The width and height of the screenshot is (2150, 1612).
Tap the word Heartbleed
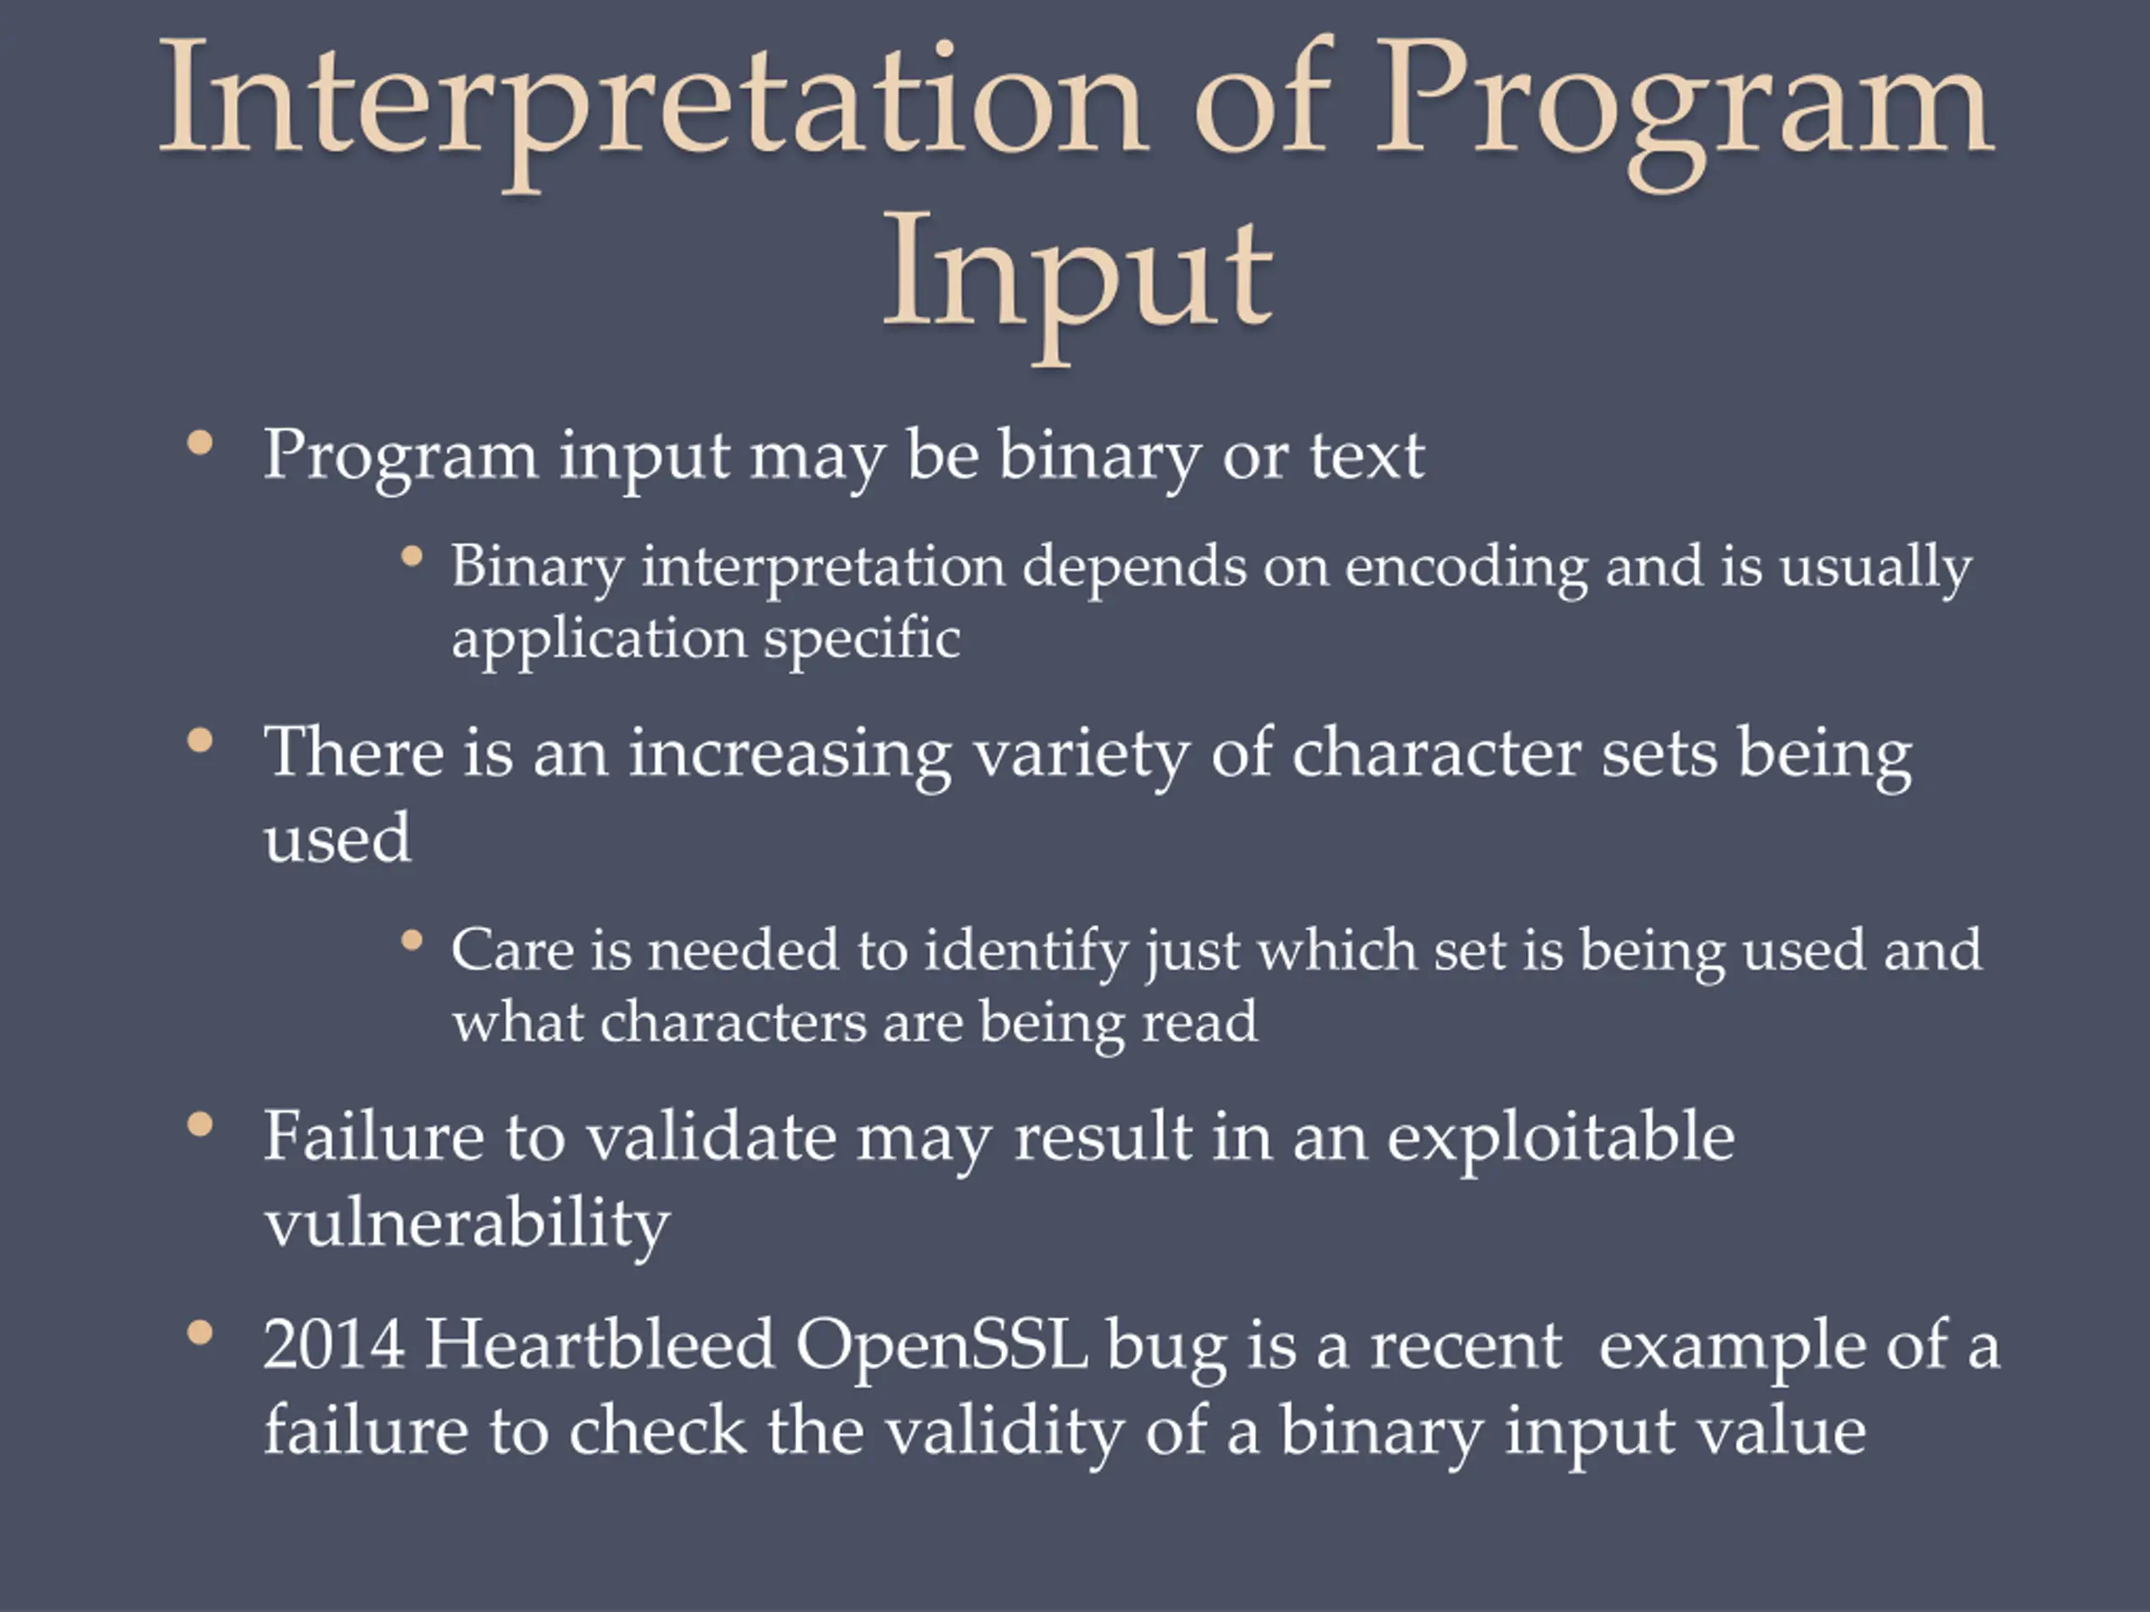coord(600,1345)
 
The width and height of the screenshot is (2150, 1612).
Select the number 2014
coord(333,1345)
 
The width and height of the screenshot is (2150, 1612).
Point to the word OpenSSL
coord(941,1347)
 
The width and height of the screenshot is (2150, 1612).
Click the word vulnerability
coord(468,1222)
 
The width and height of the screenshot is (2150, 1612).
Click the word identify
coord(1025,951)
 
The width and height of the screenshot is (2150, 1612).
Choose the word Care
coord(512,951)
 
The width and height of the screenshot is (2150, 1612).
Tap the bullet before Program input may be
coord(200,443)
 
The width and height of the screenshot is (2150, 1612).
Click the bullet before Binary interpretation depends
coord(412,557)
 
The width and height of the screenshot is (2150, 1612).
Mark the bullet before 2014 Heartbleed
coord(200,1332)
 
